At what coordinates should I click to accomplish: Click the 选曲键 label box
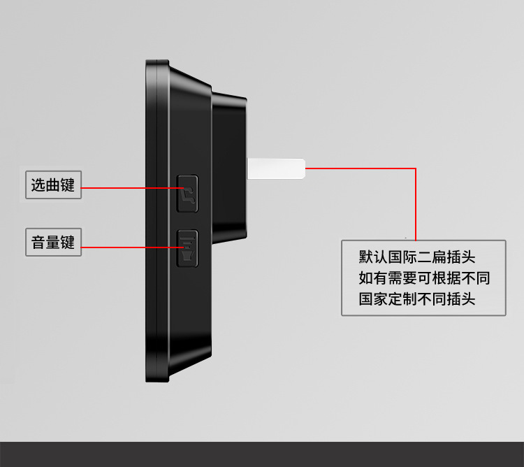53,185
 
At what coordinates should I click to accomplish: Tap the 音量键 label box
53,242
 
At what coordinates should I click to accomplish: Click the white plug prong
277,168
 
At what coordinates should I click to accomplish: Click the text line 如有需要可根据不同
423,278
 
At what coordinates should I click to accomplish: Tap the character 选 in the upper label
38,185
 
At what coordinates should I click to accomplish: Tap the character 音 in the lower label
38,242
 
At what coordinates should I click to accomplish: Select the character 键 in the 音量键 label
68,242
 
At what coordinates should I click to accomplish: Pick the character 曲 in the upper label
53,185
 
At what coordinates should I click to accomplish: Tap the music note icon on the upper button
188,192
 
